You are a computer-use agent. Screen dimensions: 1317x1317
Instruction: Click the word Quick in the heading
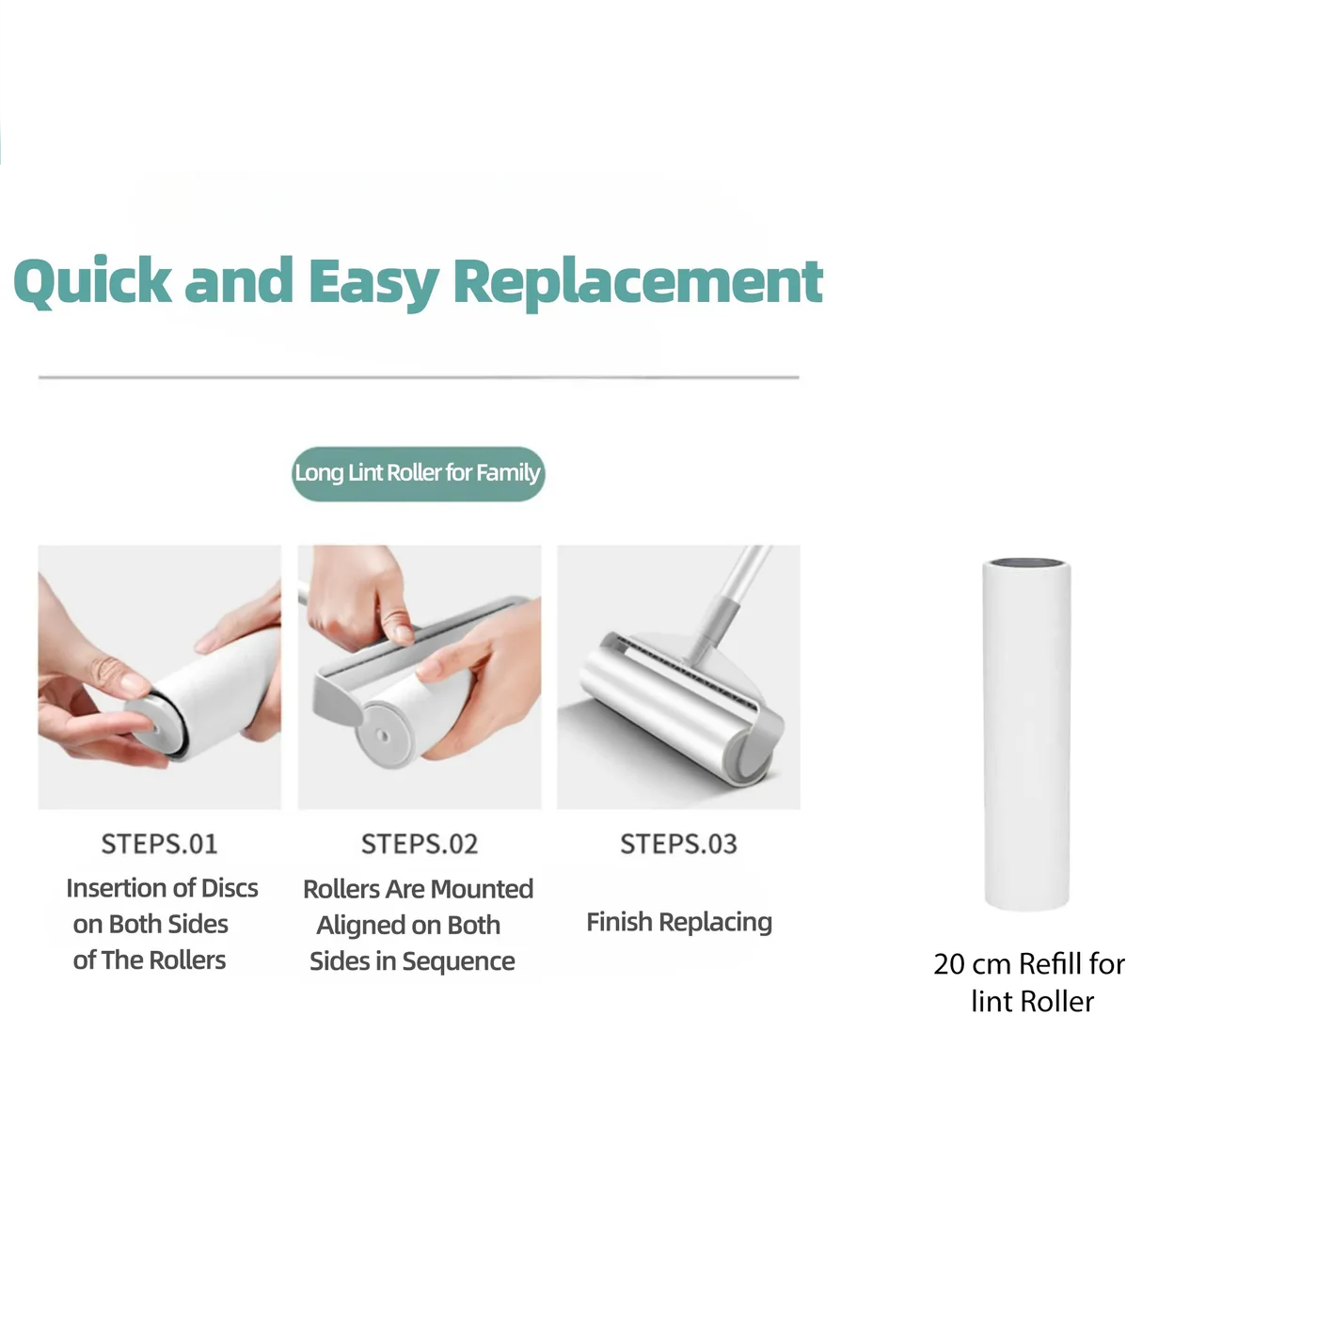click(92, 281)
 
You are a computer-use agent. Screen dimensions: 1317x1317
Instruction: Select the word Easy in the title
click(373, 283)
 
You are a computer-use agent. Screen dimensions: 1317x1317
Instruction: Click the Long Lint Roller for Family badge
click(418, 473)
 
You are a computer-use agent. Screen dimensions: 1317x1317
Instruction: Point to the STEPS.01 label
click(159, 844)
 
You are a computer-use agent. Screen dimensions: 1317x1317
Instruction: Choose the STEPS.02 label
click(419, 844)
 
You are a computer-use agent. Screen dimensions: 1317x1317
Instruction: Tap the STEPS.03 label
click(678, 844)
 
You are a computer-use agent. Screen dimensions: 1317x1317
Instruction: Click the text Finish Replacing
click(679, 922)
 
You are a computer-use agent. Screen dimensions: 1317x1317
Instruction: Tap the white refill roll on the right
click(1026, 735)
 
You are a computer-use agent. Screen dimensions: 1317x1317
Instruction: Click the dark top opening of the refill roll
click(1027, 563)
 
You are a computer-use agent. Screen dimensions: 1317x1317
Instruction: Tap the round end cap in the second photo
click(383, 736)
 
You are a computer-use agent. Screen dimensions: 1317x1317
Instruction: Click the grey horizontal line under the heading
click(419, 376)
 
